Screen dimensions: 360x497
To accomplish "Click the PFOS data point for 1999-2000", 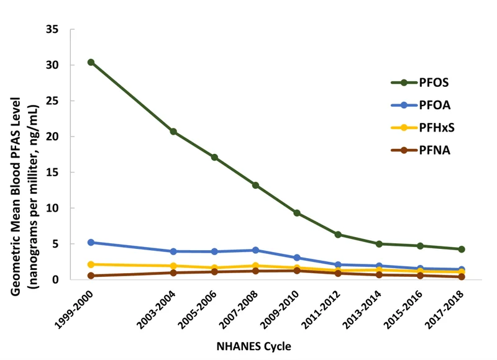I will pos(91,62).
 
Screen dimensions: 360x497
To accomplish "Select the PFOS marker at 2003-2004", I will pos(173,132).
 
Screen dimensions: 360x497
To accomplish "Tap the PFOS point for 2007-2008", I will pos(255,185).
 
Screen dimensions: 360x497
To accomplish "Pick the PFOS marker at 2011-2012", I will pos(338,235).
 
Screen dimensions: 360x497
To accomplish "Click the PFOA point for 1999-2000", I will pos(91,242).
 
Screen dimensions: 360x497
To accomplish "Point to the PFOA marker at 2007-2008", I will pos(255,250).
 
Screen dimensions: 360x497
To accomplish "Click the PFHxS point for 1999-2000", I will pos(91,264).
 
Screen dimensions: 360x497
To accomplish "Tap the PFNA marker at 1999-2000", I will pos(91,276).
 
